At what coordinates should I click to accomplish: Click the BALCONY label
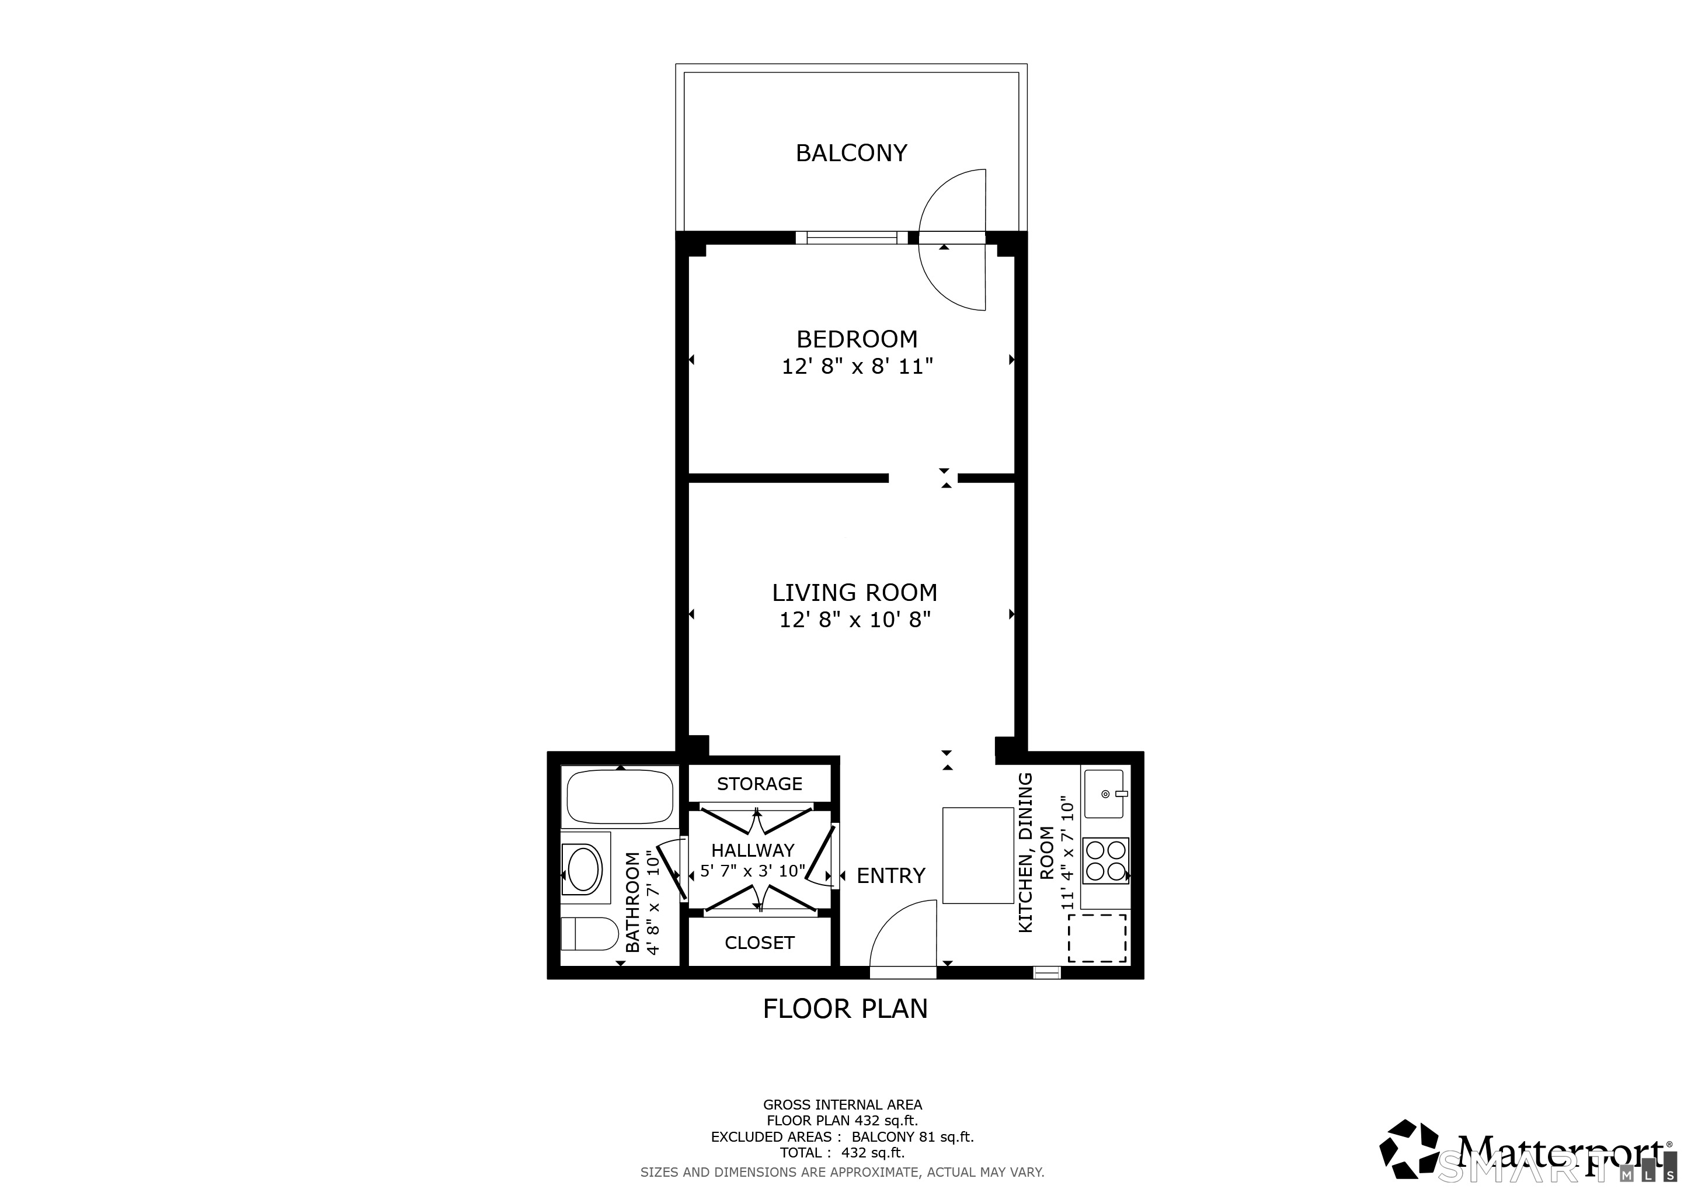coord(851,153)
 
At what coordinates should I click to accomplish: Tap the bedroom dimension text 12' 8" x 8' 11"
coord(857,367)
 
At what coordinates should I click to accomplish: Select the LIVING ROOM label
coord(854,592)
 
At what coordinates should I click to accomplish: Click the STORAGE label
coord(759,784)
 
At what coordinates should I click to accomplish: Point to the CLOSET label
coord(759,943)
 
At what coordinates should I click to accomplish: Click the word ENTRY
coord(890,875)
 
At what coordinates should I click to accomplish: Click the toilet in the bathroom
coord(589,934)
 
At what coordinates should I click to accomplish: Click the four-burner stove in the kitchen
coord(1105,861)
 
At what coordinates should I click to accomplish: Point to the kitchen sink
coord(1103,794)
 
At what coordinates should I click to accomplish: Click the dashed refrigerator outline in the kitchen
coord(1097,938)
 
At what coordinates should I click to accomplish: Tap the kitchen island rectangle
coord(978,855)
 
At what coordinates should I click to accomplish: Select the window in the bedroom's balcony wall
coord(851,237)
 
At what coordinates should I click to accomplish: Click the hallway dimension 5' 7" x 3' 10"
coord(753,871)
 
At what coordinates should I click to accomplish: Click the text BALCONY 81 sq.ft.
coord(913,1137)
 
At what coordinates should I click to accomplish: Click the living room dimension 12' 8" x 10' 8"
coord(854,620)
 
